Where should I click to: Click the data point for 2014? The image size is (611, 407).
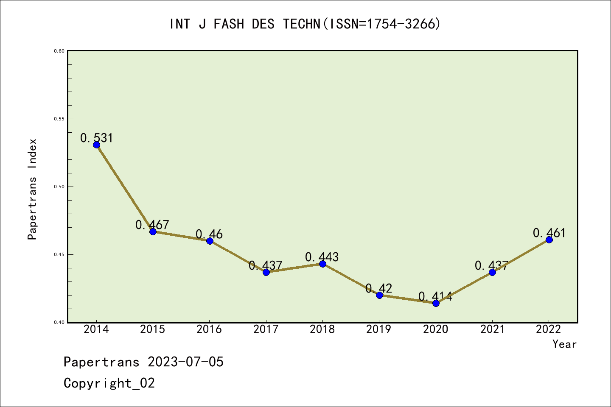[96, 145]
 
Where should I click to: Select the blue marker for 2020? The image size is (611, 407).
[436, 303]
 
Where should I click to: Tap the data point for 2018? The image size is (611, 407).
[322, 264]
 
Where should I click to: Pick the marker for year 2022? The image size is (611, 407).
[549, 240]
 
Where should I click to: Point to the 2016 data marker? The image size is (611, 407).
[210, 241]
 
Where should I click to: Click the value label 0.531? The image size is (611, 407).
[97, 138]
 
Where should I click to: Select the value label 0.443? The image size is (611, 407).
[322, 257]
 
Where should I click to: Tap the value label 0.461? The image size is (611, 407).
[549, 233]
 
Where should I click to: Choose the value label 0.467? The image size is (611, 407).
[152, 225]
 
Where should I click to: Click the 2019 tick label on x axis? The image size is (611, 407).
[379, 329]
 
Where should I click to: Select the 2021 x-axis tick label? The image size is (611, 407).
[492, 329]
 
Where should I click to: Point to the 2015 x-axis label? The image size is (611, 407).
[153, 329]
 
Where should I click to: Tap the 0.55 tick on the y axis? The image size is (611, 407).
[59, 119]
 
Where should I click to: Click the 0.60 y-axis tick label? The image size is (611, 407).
[59, 51]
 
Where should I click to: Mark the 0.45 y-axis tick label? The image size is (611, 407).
[59, 254]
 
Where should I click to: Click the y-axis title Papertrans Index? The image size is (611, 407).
[32, 189]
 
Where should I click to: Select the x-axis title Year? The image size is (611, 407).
[564, 344]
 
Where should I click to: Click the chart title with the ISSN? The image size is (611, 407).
[305, 24]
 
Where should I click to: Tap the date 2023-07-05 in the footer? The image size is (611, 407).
[185, 362]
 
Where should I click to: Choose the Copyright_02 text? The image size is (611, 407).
[109, 383]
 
